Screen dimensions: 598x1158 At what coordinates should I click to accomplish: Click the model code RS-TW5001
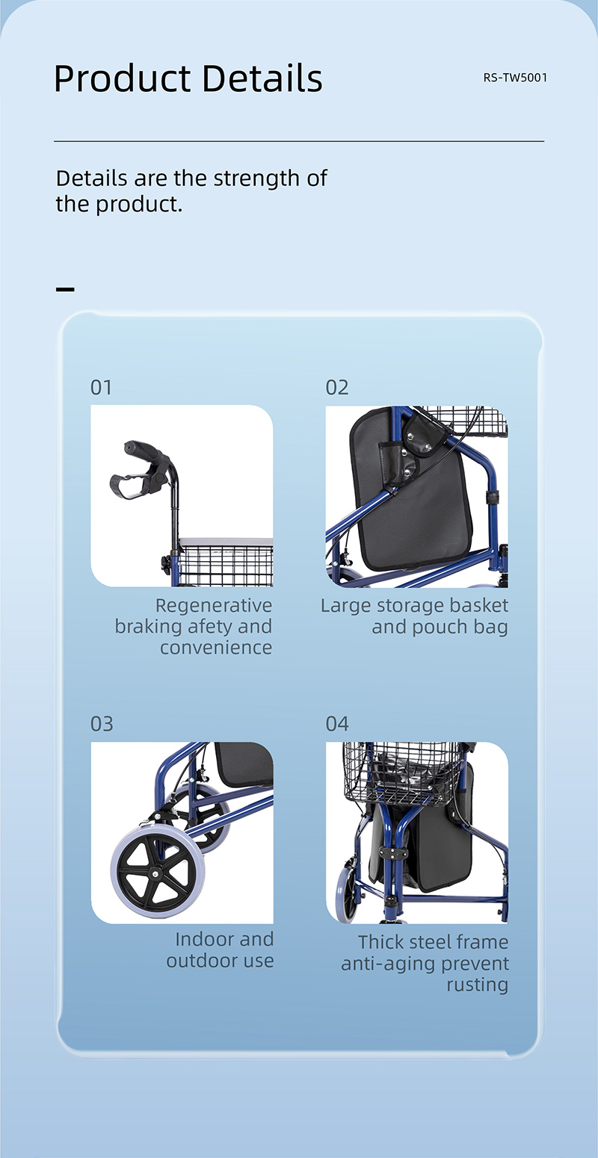click(515, 78)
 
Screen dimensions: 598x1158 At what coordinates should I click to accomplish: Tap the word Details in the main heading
click(262, 78)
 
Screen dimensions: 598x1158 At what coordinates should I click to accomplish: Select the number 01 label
click(101, 387)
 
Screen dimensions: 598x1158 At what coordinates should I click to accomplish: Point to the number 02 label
click(337, 387)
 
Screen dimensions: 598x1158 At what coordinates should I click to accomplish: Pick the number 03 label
click(102, 724)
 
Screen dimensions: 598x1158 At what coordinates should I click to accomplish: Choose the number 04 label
click(337, 724)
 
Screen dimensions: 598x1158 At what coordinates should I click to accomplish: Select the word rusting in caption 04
click(477, 985)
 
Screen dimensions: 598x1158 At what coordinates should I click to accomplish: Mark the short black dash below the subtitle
click(65, 289)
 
